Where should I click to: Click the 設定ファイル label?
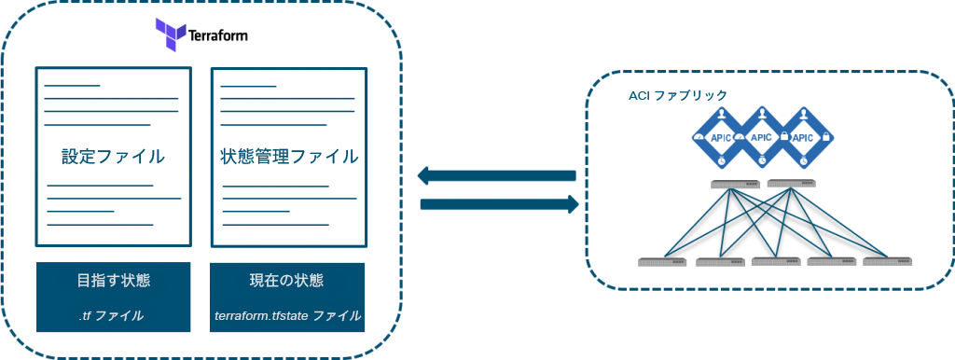pos(113,157)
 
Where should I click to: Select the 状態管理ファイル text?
pos(288,157)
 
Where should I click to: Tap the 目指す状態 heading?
pos(113,280)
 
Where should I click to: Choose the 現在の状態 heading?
pos(287,280)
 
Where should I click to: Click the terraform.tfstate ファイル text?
pos(287,315)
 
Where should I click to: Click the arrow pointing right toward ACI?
pos(500,203)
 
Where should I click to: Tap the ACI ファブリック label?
pos(678,95)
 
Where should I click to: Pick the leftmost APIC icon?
pos(721,137)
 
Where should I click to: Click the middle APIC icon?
pos(761,137)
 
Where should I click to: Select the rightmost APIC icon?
pos(802,137)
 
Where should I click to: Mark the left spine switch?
pos(735,185)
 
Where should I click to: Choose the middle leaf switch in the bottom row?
pos(775,261)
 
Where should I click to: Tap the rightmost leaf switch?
pos(887,261)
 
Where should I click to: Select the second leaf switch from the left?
pos(719,261)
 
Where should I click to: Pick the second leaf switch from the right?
pos(831,261)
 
